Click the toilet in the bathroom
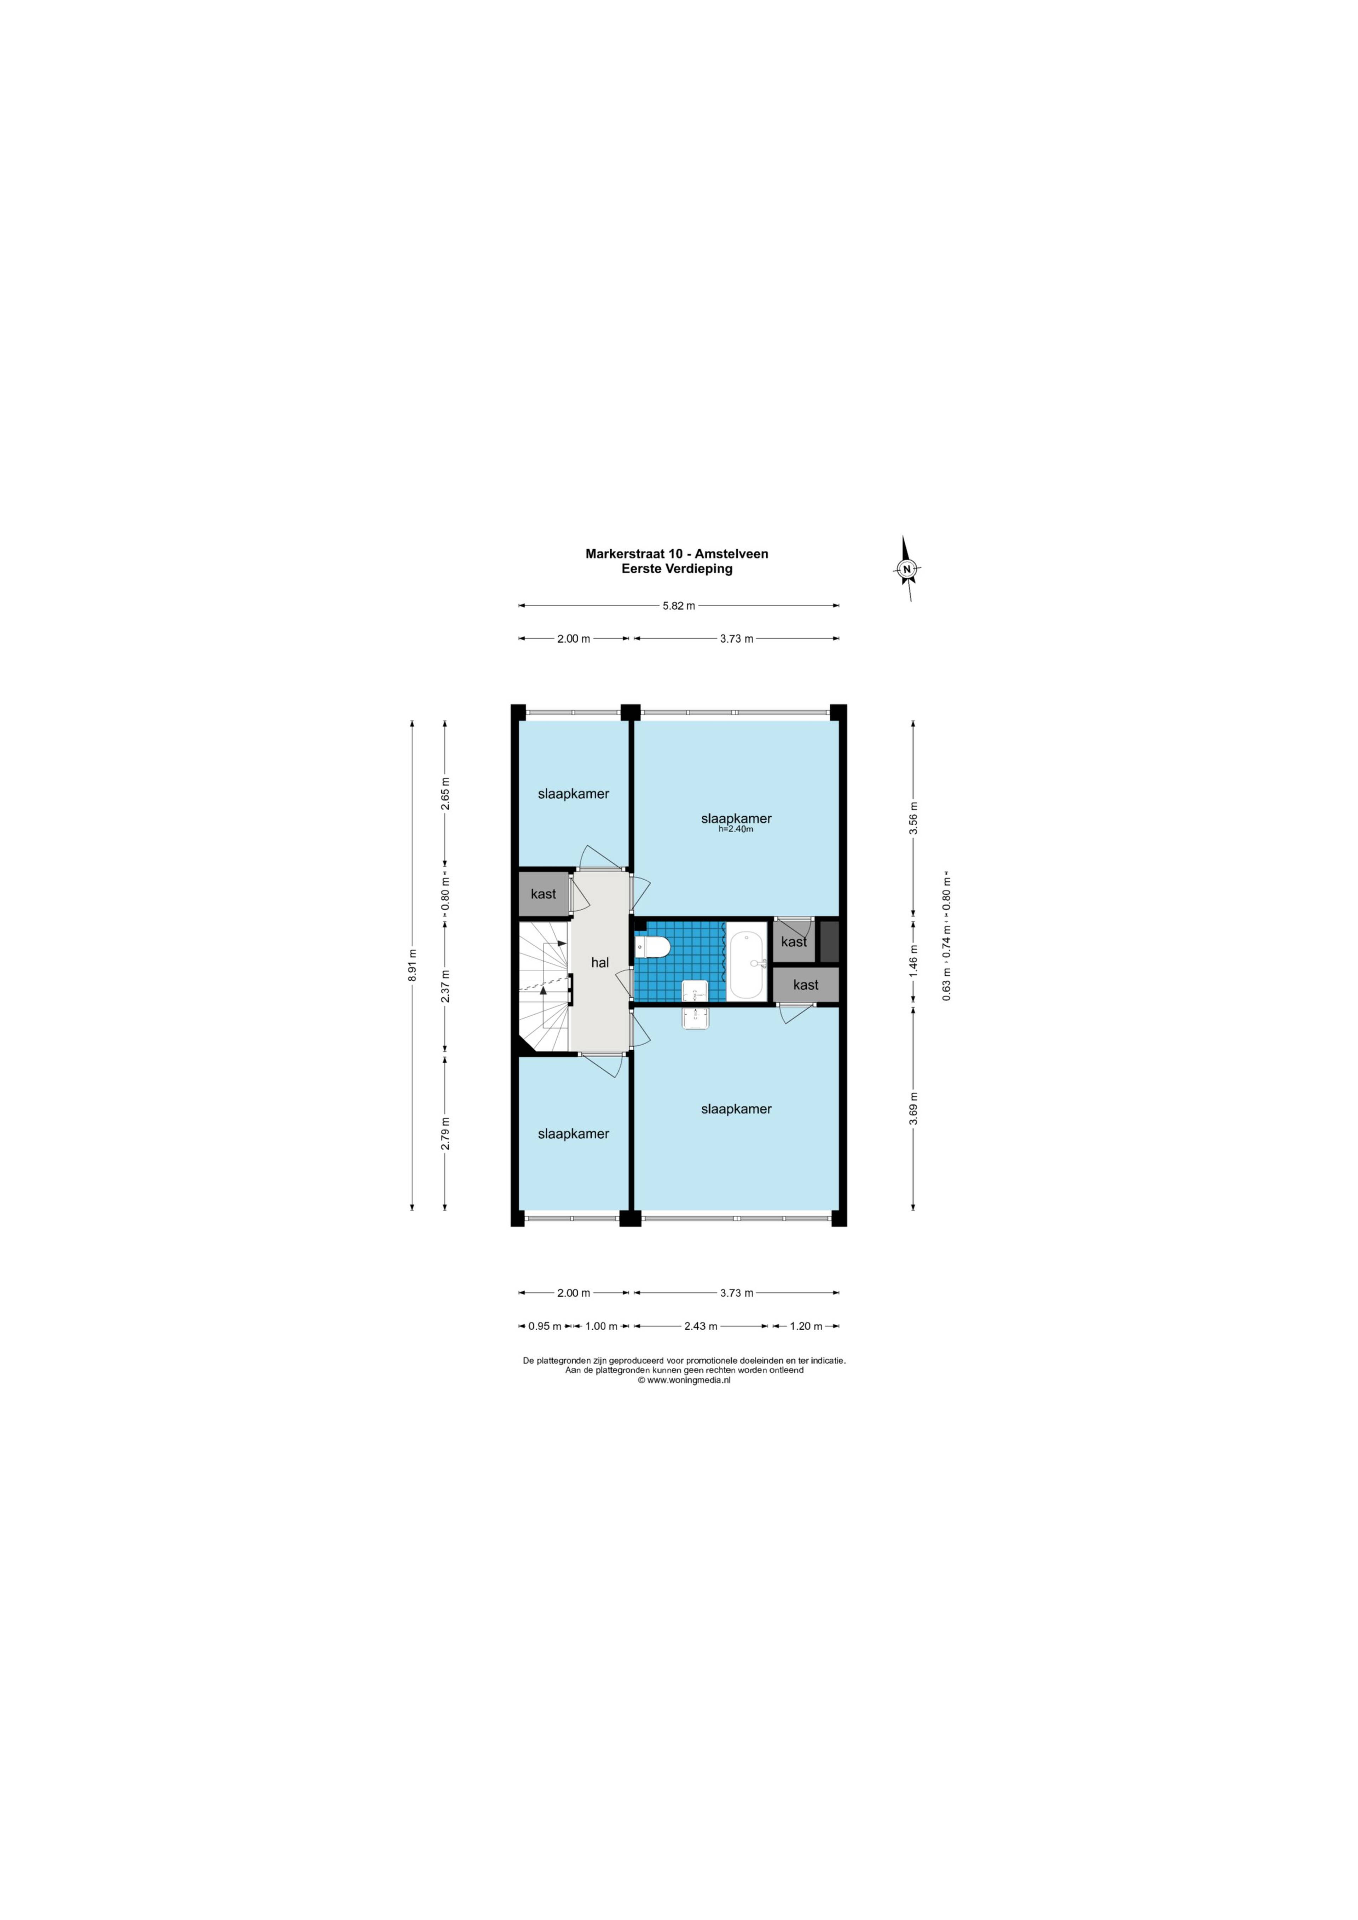coord(652,947)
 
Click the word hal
coord(600,963)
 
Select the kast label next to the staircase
coord(543,894)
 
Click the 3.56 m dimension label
coord(914,818)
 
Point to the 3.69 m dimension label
coord(914,1108)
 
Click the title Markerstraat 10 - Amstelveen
coord(677,554)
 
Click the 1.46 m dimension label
coord(914,961)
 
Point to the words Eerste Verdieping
coord(677,568)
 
